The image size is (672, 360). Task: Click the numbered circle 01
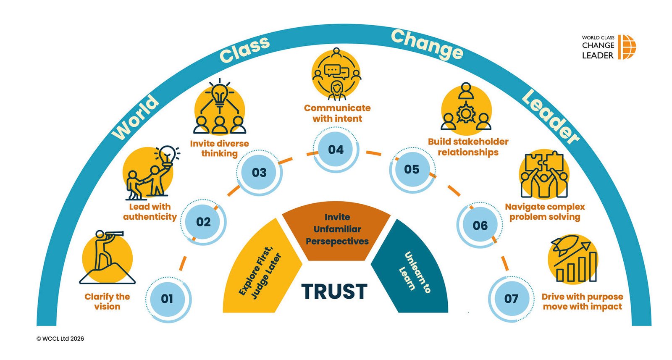(x=168, y=299)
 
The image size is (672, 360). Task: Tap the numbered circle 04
(x=336, y=150)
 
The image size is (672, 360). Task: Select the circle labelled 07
(x=511, y=299)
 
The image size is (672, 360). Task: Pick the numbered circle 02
(x=204, y=222)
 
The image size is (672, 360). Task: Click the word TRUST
(x=334, y=292)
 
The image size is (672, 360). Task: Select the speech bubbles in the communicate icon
(x=336, y=71)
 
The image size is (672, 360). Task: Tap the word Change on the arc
(x=426, y=44)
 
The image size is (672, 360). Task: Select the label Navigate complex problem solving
(x=545, y=212)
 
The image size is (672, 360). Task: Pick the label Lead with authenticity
(x=150, y=212)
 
